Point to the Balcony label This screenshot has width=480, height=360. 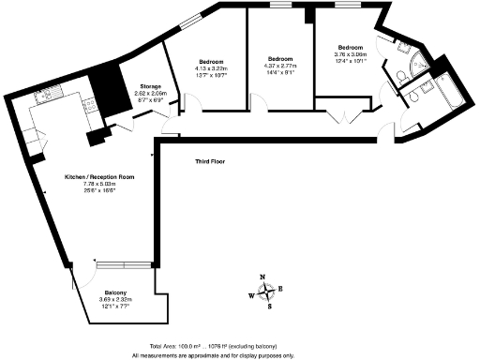116,292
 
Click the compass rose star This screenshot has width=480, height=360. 267,292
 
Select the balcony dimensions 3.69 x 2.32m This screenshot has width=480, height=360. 116,299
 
